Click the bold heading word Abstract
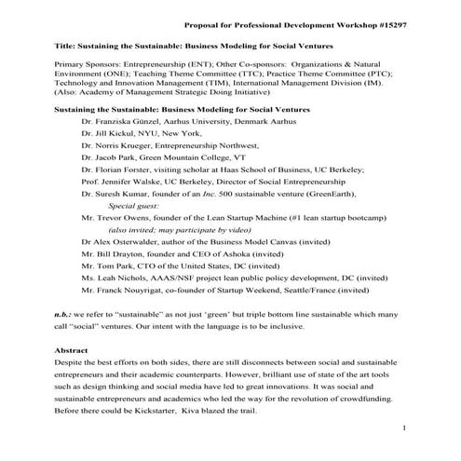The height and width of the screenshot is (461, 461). pyautogui.click(x=75, y=350)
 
